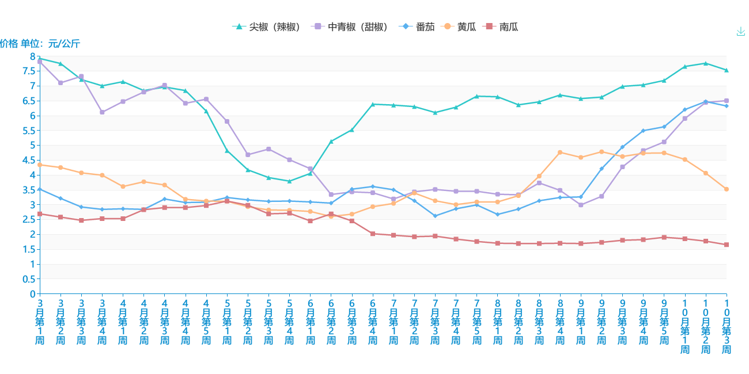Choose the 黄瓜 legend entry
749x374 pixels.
click(x=460, y=26)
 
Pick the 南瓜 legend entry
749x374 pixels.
click(x=502, y=26)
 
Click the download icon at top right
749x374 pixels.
click(x=741, y=31)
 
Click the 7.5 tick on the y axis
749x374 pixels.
click(x=29, y=71)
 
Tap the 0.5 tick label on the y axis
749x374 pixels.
click(x=29, y=279)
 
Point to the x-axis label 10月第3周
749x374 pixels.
click(x=727, y=325)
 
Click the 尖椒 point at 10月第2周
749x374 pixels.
click(x=706, y=63)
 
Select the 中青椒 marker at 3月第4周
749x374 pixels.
click(x=102, y=112)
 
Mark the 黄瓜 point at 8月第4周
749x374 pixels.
click(x=560, y=152)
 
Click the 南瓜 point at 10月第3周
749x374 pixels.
click(x=727, y=245)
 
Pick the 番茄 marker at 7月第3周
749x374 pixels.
click(x=435, y=216)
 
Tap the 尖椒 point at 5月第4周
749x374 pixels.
click(x=289, y=181)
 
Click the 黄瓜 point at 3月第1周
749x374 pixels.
click(x=40, y=165)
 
